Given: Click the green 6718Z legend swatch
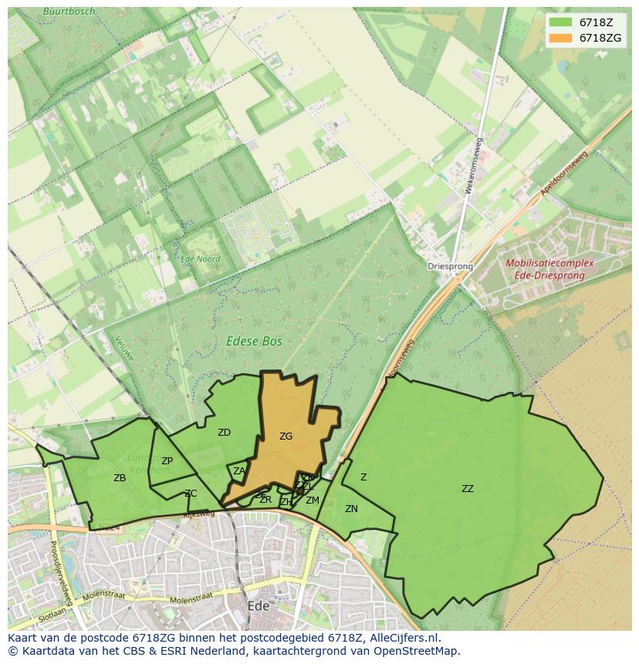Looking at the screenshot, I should click(x=561, y=22).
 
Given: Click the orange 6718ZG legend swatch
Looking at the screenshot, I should click(x=561, y=38).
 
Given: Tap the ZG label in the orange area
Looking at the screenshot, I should click(x=286, y=436).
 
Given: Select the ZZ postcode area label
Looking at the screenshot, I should click(x=468, y=489).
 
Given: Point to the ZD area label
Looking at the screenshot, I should click(x=224, y=433).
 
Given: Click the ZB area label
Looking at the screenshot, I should click(x=120, y=478).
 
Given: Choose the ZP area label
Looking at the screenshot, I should click(x=167, y=461).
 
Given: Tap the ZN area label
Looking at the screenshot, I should click(x=351, y=509).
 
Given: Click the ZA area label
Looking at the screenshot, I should click(x=239, y=471).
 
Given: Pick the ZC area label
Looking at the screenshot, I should click(x=191, y=494).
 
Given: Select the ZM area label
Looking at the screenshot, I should click(x=313, y=501).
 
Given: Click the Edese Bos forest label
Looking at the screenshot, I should click(x=254, y=341).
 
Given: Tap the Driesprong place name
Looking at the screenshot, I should click(x=450, y=267).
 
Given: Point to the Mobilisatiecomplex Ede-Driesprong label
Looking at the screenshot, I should click(x=549, y=269).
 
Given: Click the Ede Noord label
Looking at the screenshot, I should click(x=200, y=260).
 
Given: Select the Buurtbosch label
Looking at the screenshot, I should click(x=70, y=12).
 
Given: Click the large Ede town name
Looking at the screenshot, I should click(x=258, y=606).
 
